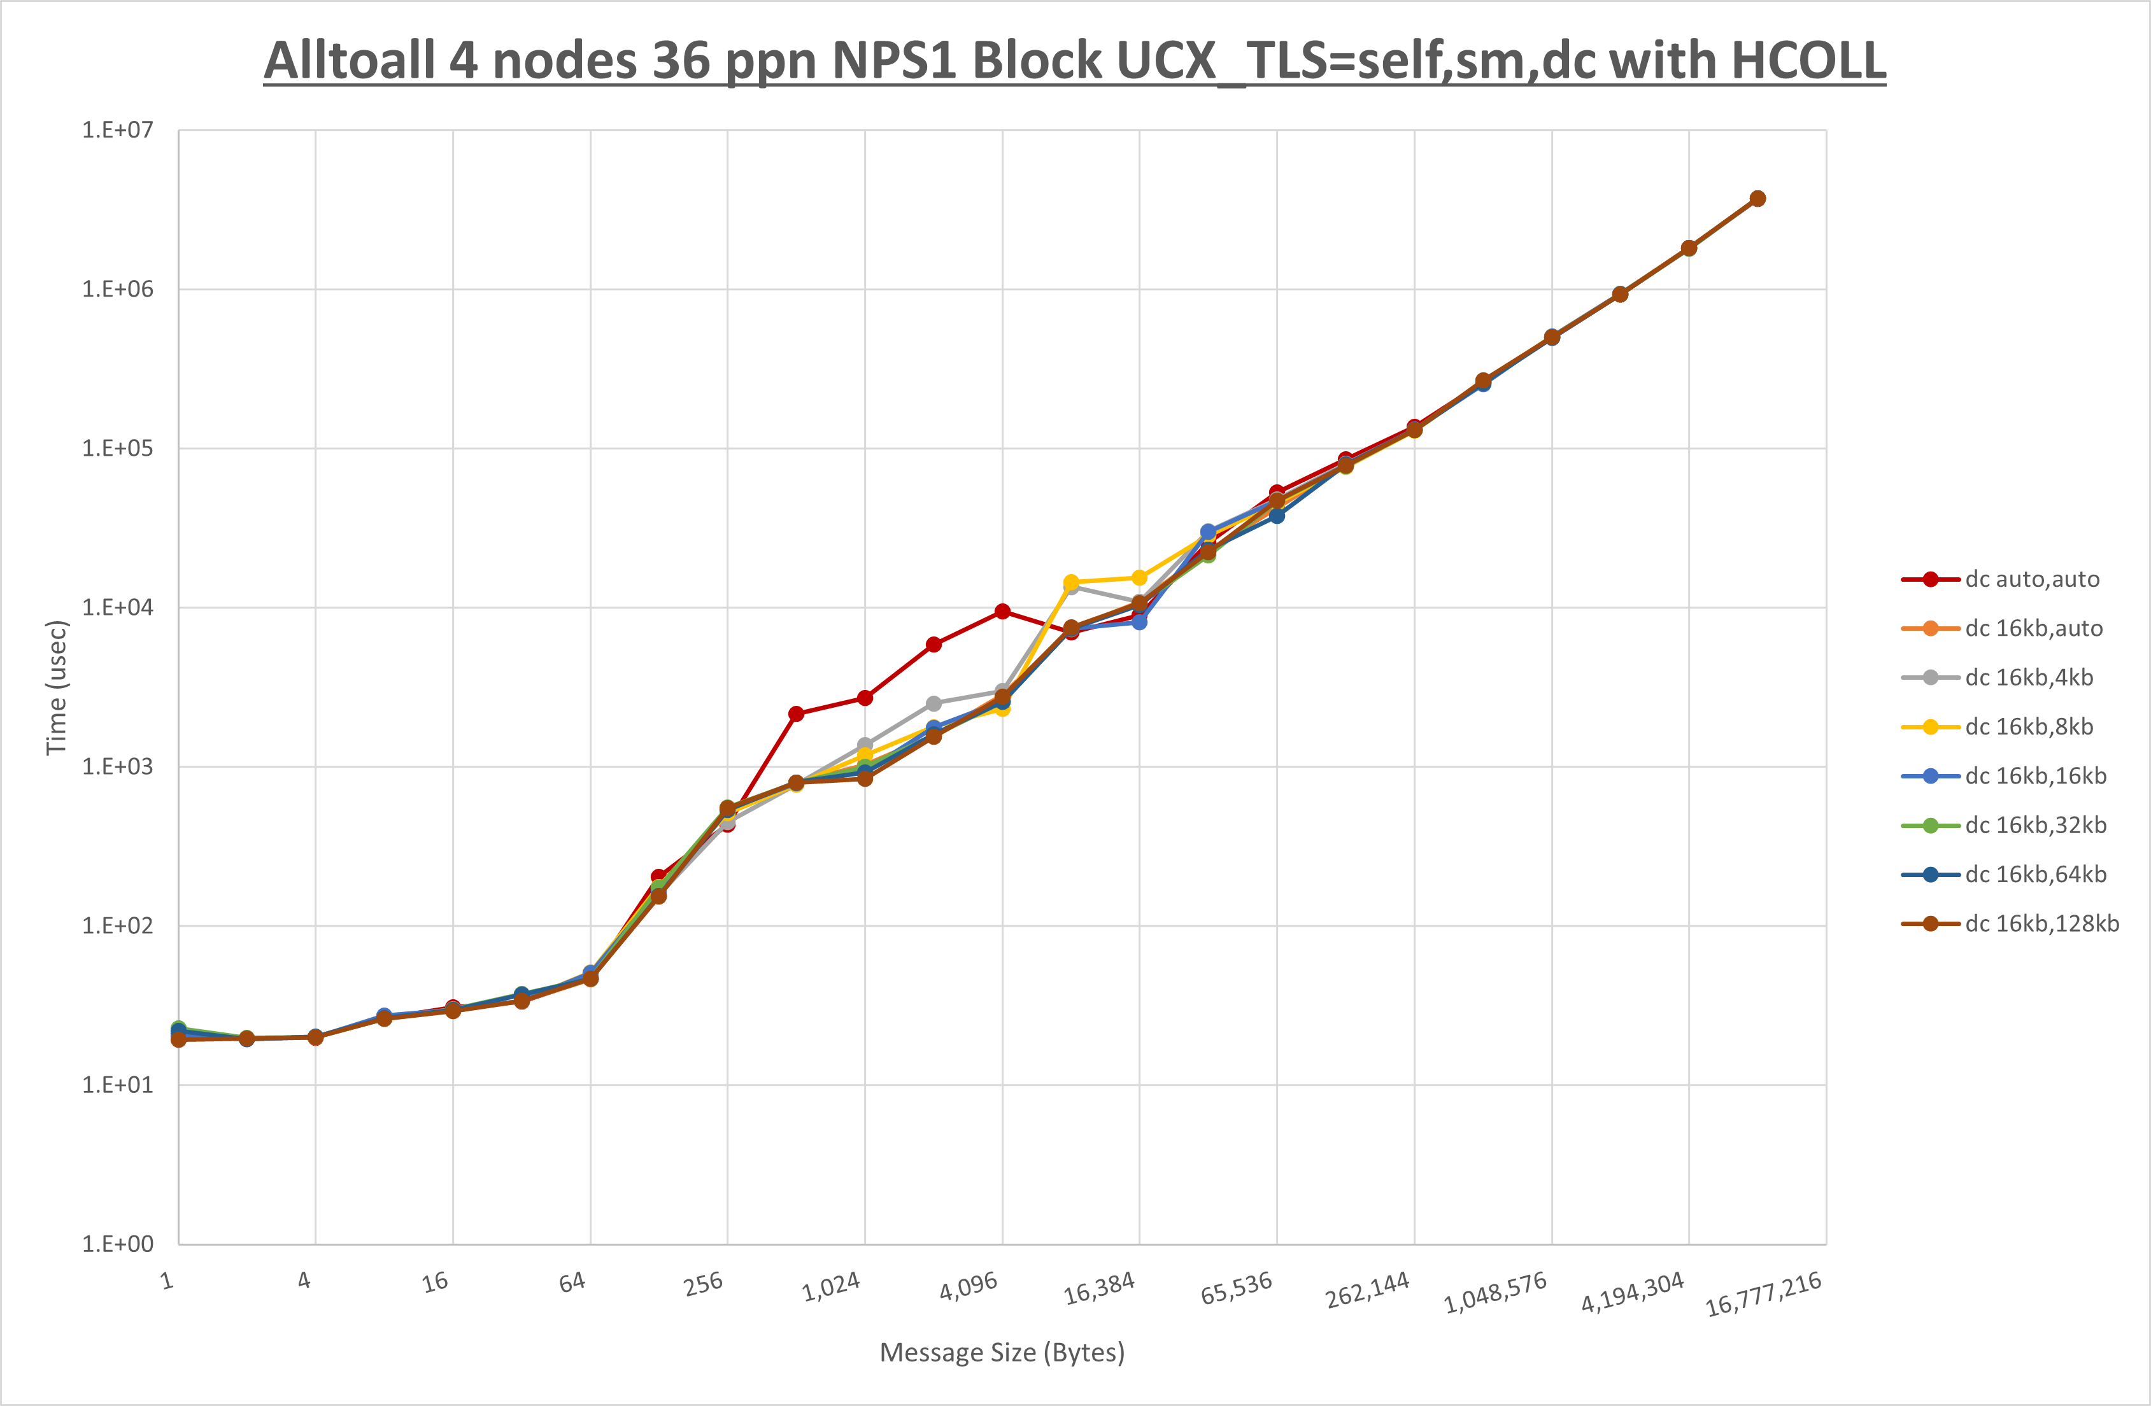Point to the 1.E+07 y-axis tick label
118,130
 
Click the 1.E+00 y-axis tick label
118,1244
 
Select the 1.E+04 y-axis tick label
118,607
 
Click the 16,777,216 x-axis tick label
1763,1295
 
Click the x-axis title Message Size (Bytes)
1002,1353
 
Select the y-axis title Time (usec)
56,687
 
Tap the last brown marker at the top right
1757,199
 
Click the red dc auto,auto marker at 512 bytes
796,714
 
